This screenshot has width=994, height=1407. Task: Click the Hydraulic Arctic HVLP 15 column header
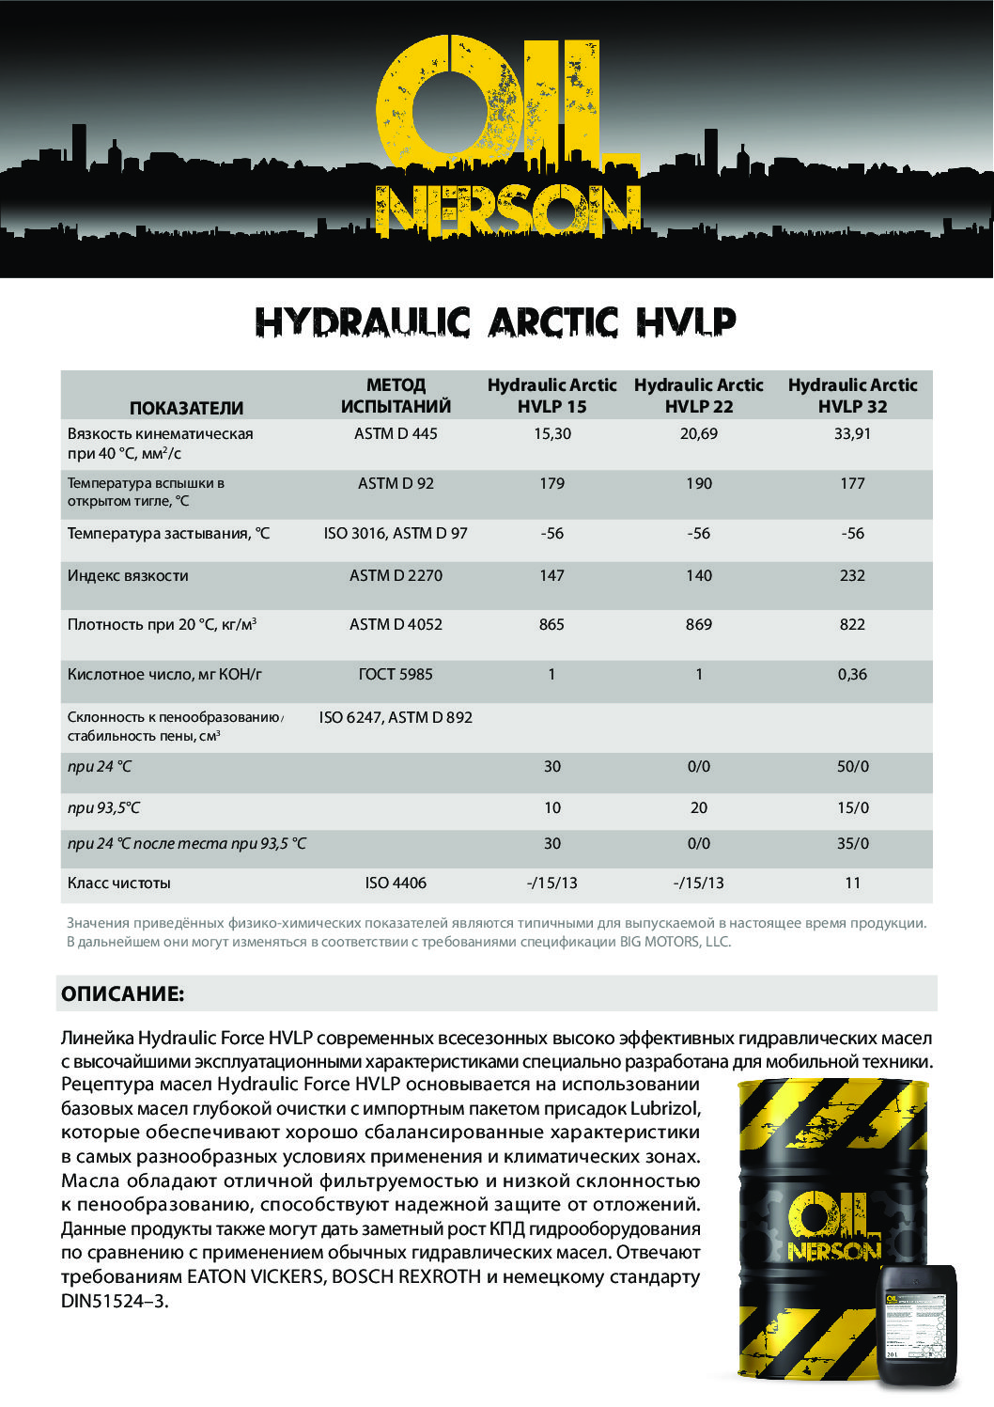551,396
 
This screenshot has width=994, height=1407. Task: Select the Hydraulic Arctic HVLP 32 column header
852,396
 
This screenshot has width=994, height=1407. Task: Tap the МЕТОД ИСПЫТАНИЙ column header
396,396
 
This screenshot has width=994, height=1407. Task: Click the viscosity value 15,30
551,434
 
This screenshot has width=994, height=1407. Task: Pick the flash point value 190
698,484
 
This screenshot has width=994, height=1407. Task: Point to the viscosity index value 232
852,576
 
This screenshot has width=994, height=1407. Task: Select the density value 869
698,625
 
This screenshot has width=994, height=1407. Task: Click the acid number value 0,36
852,675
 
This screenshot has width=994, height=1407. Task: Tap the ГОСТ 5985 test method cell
396,675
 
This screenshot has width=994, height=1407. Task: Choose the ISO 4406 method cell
396,883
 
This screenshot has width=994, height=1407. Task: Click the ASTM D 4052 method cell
396,625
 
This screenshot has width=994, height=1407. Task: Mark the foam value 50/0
852,767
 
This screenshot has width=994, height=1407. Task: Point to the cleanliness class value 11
852,883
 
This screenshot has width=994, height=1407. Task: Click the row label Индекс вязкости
128,576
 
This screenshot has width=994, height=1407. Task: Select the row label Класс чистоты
119,883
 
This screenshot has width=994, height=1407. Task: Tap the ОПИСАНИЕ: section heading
123,994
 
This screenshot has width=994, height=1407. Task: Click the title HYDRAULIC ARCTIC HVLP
496,322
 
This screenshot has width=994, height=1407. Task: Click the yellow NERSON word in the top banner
507,211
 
